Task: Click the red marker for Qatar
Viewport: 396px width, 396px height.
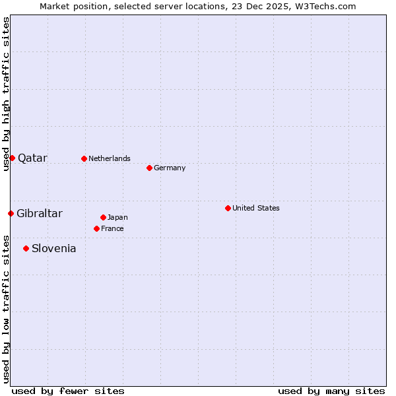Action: pos(12,158)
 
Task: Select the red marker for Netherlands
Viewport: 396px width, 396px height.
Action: pos(84,158)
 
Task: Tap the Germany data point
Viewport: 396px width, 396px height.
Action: pos(149,168)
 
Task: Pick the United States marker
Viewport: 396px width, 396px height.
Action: pos(228,208)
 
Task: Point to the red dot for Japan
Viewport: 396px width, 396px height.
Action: pos(103,217)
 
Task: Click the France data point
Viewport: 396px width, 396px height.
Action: pos(96,228)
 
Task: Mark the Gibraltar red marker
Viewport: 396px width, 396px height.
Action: pos(11,213)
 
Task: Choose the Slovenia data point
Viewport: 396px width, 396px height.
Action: pos(26,248)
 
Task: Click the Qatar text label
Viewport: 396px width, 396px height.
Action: pos(32,158)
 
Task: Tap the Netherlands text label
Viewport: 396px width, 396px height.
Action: pos(110,158)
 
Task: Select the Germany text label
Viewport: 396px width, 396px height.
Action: pos(170,168)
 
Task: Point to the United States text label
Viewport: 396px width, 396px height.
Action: pos(256,208)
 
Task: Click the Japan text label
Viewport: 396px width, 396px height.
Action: pos(117,217)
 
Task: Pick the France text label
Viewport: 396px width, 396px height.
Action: pos(112,228)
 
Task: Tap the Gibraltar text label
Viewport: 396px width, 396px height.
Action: pos(40,213)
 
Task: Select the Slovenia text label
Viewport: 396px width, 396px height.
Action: pos(53,248)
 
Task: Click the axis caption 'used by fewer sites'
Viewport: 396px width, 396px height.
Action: pos(68,391)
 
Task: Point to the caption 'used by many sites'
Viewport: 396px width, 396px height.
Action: pos(331,391)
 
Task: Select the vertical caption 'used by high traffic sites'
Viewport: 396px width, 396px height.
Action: pos(6,94)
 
